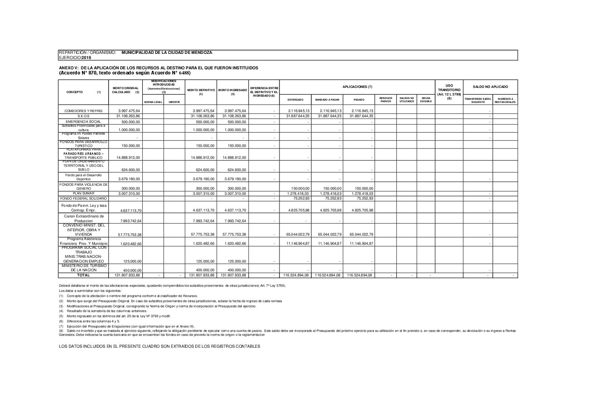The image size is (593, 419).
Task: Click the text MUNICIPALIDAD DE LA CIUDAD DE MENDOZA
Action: click(x=167, y=52)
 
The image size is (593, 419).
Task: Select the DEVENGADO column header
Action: click(x=295, y=100)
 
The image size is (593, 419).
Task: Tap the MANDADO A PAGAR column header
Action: click(x=327, y=100)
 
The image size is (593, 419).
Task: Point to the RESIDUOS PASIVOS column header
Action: click(x=386, y=100)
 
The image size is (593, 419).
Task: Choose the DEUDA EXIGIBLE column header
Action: click(x=426, y=100)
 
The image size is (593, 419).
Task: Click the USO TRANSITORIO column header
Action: click(x=449, y=90)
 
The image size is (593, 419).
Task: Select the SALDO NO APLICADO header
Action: click(x=490, y=87)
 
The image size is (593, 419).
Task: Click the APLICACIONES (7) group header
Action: click(x=357, y=87)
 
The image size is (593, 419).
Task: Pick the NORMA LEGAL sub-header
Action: click(x=153, y=102)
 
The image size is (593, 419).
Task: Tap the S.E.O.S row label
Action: click(x=83, y=116)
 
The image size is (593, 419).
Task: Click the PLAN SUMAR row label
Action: click(x=83, y=193)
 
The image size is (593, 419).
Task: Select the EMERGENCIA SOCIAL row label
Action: click(x=83, y=122)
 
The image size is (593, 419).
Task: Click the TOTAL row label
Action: click(x=83, y=275)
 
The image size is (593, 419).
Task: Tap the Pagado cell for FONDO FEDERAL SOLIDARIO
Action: click(x=360, y=198)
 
